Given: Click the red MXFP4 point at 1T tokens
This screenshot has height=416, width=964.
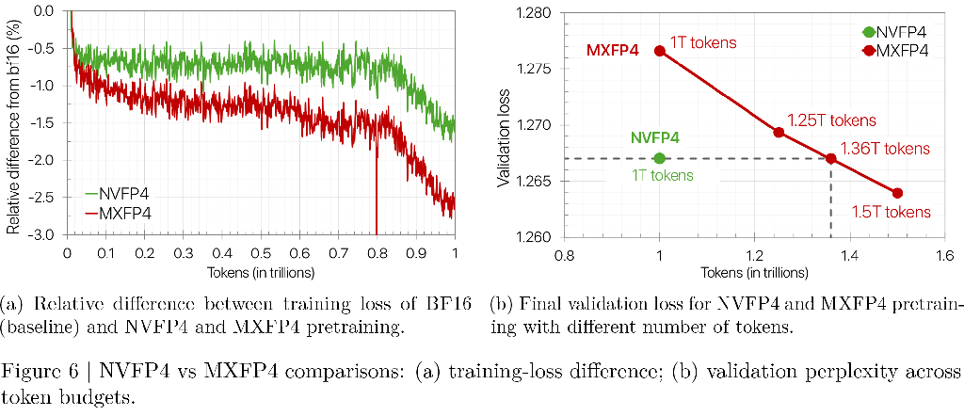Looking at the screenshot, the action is pyautogui.click(x=660, y=51).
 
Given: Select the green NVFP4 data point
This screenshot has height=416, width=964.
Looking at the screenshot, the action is pyautogui.click(x=660, y=158).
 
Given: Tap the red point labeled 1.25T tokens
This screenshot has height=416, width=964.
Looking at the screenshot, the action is pyautogui.click(x=779, y=132).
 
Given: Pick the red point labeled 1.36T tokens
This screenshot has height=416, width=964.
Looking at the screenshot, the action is pyautogui.click(x=830, y=158).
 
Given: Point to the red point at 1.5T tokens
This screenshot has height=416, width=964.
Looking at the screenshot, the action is pyautogui.click(x=897, y=193).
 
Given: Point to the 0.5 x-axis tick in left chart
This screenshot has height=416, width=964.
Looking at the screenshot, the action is pyautogui.click(x=262, y=252).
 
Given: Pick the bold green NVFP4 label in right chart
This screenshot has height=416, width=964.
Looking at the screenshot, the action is pyautogui.click(x=657, y=139).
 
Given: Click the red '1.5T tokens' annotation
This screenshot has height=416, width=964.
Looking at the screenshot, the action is pyautogui.click(x=891, y=213).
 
